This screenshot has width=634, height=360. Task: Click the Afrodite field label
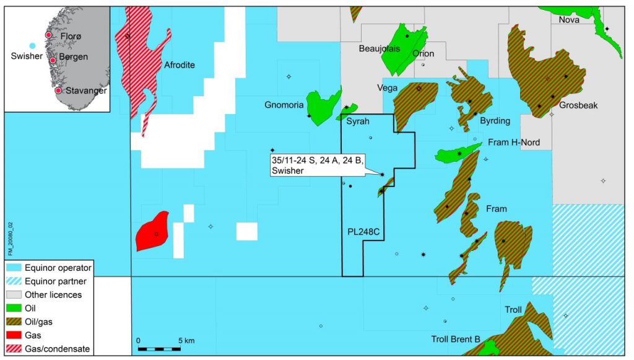point(180,65)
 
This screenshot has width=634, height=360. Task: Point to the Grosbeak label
point(578,105)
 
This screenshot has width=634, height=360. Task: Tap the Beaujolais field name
point(380,48)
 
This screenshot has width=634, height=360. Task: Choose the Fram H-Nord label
point(514,143)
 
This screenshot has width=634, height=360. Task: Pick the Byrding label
point(495,121)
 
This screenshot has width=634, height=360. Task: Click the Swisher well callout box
point(318,165)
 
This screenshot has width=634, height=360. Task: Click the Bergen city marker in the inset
point(53,60)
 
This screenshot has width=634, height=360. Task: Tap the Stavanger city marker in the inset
point(58,90)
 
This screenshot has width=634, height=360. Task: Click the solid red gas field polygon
point(152,231)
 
